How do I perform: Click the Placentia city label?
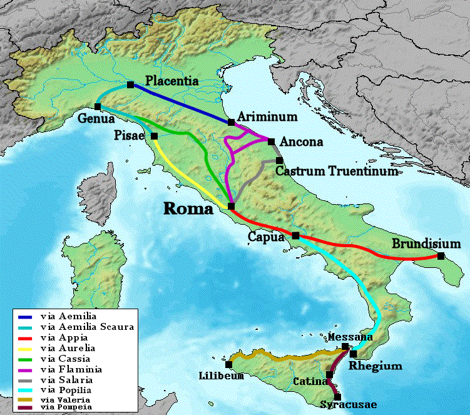click(x=171, y=81)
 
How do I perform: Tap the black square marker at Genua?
click(x=98, y=106)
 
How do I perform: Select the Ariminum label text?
click(x=267, y=117)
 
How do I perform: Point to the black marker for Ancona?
click(x=271, y=141)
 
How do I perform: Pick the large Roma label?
click(x=188, y=209)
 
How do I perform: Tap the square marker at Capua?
click(x=295, y=236)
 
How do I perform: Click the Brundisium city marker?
click(x=441, y=256)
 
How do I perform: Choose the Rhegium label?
click(x=375, y=366)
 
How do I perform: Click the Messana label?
click(x=350, y=338)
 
